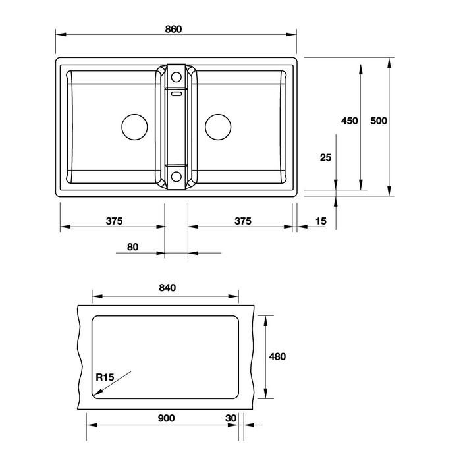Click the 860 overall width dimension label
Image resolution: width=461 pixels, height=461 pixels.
(173, 29)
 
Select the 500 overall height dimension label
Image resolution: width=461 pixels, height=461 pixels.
(379, 121)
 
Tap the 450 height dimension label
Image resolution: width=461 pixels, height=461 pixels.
(349, 121)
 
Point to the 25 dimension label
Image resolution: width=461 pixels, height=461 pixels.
(325, 157)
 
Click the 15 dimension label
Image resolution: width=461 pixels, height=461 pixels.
(321, 221)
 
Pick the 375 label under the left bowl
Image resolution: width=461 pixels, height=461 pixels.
(114, 221)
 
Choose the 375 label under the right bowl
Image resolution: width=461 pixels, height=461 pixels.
(243, 221)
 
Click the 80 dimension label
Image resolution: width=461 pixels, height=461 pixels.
(132, 247)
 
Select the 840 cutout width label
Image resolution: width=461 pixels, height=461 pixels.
(167, 288)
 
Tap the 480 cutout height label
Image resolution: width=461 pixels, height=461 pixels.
(277, 357)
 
